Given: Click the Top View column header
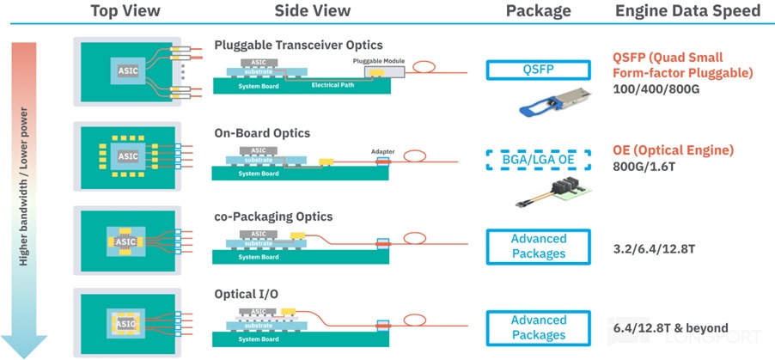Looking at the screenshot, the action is pos(126,11).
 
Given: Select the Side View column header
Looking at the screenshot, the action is pos(313,11).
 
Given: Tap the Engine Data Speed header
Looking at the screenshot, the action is pos(687,11).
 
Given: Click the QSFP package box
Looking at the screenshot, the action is pos(538,70).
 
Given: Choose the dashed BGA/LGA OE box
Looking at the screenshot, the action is pos(538,159).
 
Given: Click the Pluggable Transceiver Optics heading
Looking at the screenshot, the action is pos(298,45).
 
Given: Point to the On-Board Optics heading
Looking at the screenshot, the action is pos(262,133).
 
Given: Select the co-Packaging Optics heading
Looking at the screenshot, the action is pos(273,217).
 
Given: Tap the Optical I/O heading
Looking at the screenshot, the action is pos(246,294).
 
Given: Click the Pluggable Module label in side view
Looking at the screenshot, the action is pos(379,61).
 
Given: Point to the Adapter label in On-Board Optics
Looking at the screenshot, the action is pos(382,151).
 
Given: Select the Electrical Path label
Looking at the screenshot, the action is pos(333,85).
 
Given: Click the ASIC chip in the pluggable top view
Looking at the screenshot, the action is pos(128,70).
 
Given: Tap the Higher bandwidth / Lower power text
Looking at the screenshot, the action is pos(23,186).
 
